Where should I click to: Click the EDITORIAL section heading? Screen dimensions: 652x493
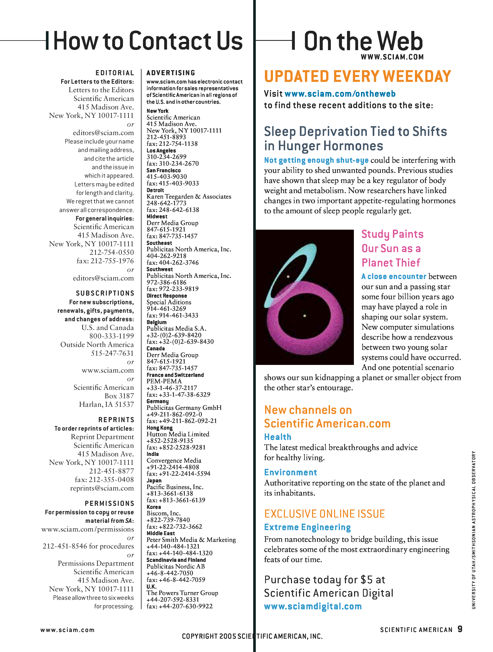pyautogui.click(x=115, y=73)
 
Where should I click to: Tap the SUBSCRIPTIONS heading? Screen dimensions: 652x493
pyautogui.click(x=105, y=293)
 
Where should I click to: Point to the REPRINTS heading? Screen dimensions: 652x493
pyautogui.click(x=116, y=420)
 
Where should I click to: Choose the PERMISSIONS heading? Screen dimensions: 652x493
pyautogui.click(x=109, y=503)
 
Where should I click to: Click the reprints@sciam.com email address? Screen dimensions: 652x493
pyautogui.click(x=102, y=488)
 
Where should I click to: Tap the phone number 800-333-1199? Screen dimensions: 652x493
pyautogui.click(x=111, y=336)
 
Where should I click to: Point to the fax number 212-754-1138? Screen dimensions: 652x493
pyautogui.click(x=172, y=144)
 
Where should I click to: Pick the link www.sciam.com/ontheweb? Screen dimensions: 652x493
pyautogui.click(x=340, y=94)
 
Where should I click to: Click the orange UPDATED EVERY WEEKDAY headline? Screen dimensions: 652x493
pyautogui.click(x=357, y=76)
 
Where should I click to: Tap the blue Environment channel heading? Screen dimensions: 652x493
pyautogui.click(x=290, y=472)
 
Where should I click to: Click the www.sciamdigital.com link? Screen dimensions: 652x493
pyautogui.click(x=313, y=606)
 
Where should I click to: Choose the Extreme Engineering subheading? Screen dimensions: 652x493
pyautogui.click(x=307, y=527)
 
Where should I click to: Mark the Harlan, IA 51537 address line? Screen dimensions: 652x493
pyautogui.click(x=106, y=404)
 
